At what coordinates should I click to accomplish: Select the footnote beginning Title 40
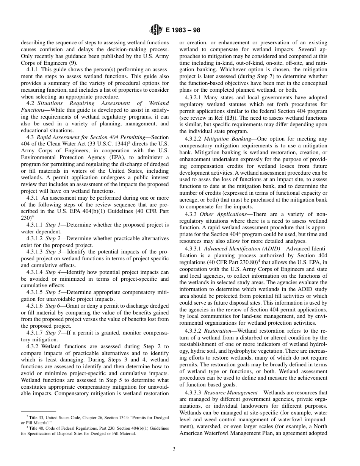click(95, 430)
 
